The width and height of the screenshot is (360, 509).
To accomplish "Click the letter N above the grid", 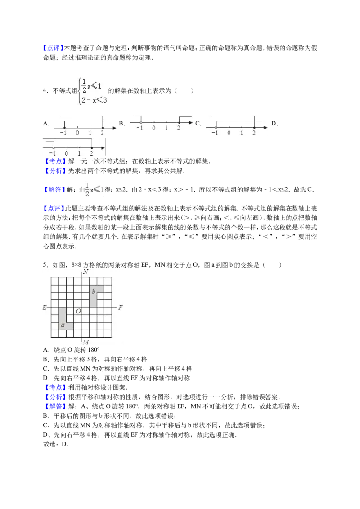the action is (x=85, y=272).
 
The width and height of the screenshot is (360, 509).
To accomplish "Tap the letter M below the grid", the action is (x=86, y=342).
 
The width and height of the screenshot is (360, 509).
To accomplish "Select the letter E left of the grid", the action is (x=45, y=307).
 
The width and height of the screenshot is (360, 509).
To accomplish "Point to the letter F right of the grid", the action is (x=121, y=307).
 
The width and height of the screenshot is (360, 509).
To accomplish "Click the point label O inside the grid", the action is (x=78, y=311).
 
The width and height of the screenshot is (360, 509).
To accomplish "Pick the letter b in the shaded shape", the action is (x=94, y=291).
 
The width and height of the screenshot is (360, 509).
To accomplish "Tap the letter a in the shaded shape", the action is (x=63, y=325).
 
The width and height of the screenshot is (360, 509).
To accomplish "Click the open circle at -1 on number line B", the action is (x=141, y=123).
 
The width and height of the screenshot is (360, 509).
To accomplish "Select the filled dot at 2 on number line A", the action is (x=102, y=128).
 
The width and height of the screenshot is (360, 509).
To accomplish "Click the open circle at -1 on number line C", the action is (x=216, y=128).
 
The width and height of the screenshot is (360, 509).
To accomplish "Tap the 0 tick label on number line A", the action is (x=77, y=133).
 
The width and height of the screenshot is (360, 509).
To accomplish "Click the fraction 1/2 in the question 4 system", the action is (x=84, y=86).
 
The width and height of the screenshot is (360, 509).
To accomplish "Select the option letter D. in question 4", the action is (x=274, y=123).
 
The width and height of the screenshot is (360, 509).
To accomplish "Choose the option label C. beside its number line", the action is (x=198, y=123).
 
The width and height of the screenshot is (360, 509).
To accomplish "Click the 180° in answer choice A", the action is (x=94, y=350).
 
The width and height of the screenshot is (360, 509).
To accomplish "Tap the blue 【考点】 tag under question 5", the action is (x=55, y=388).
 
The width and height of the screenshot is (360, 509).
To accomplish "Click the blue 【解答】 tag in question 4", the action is (x=54, y=190).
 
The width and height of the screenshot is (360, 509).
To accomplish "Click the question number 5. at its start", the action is (x=46, y=265).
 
